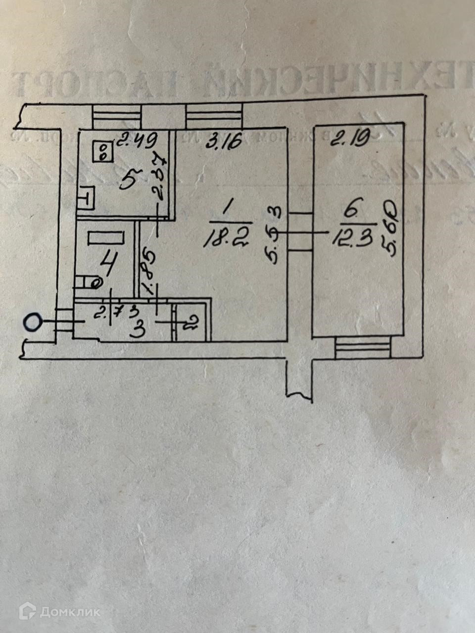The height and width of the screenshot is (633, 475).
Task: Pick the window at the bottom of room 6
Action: (x=362, y=347)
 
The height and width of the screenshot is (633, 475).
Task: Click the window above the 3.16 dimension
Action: (x=214, y=117)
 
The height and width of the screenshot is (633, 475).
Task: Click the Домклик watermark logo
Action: (x=59, y=612)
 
